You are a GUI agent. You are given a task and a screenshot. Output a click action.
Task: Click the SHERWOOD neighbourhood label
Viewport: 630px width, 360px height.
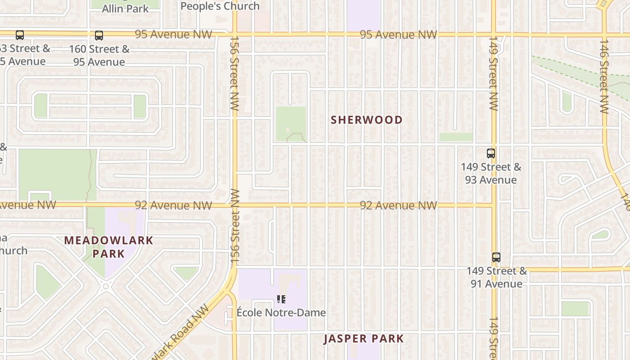(x=366, y=120)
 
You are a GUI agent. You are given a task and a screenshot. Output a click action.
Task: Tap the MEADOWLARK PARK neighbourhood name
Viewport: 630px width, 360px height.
(x=109, y=247)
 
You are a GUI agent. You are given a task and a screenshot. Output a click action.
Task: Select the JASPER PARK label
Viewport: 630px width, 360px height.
(x=364, y=338)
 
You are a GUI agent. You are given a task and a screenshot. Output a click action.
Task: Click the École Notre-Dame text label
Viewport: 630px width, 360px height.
(x=281, y=312)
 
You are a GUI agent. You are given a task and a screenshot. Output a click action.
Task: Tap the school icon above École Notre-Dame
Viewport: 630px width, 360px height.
(x=281, y=299)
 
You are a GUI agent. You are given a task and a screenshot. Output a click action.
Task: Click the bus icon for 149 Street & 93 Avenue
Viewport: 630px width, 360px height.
(x=491, y=153)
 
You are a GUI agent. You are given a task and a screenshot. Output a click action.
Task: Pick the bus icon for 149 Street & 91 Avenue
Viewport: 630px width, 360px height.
(x=496, y=257)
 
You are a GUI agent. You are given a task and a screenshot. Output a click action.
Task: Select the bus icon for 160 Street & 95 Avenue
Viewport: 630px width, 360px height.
(x=99, y=36)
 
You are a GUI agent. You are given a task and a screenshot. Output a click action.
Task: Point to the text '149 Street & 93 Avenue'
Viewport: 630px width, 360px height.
(x=491, y=173)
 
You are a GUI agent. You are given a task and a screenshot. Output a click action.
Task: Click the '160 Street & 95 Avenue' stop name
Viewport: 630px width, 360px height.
(x=99, y=55)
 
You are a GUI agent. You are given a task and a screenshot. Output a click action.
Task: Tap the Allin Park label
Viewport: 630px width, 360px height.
(x=125, y=9)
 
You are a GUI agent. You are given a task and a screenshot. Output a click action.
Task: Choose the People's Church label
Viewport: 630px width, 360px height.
(x=220, y=6)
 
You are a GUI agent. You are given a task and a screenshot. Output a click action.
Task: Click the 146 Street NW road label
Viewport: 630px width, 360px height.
(x=604, y=76)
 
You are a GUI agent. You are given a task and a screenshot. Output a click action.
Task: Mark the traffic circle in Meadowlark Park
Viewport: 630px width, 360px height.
(x=106, y=286)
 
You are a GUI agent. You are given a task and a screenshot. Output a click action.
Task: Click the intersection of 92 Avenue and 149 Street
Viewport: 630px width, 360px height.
(x=494, y=205)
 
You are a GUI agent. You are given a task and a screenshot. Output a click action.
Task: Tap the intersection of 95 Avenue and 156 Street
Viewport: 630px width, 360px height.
(x=234, y=34)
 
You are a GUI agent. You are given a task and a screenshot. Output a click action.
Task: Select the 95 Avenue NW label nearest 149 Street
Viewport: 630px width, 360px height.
(x=398, y=35)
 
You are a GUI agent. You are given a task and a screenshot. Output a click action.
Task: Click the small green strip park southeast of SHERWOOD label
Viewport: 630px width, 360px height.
(x=456, y=137)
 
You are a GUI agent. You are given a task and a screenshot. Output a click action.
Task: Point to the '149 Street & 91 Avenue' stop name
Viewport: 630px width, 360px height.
(x=497, y=277)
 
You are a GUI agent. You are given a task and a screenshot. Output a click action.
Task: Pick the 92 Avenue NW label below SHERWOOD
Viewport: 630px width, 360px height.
(x=398, y=206)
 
